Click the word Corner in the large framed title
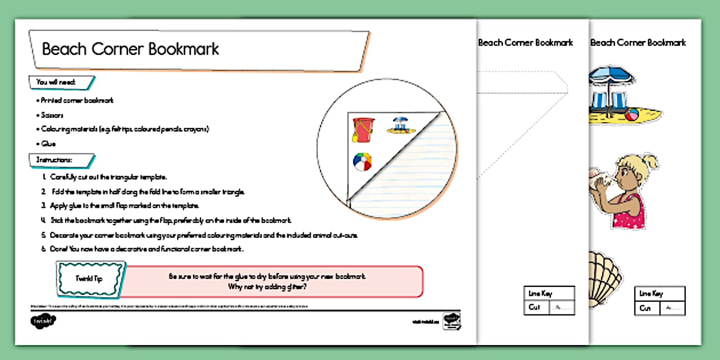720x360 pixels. [117, 49]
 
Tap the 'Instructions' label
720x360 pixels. [54, 159]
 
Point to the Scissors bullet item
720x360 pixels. [52, 115]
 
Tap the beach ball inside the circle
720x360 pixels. [362, 161]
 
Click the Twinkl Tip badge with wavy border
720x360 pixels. [91, 279]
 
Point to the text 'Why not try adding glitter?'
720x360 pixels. [267, 287]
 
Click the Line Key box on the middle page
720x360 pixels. [549, 301]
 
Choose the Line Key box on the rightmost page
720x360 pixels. [659, 301]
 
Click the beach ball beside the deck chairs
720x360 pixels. [631, 115]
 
